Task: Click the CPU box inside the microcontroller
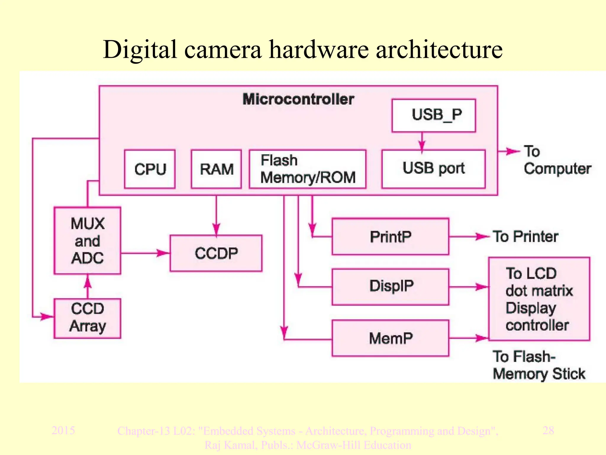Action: coord(150,169)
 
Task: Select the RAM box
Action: coord(216,169)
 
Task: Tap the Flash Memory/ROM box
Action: coord(308,169)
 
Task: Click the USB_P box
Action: coord(433,115)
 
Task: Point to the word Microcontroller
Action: coord(298,99)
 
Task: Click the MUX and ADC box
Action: coord(88,241)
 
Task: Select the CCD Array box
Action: coord(88,318)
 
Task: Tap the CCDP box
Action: coord(216,253)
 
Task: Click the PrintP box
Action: coord(390,237)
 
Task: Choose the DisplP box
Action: coord(390,286)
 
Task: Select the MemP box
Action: coord(390,338)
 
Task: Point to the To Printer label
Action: coord(525,237)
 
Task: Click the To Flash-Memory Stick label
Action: coord(539,365)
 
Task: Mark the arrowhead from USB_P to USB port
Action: coord(422,146)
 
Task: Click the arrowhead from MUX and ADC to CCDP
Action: coord(163,253)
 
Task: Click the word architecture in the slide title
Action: coord(439,50)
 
